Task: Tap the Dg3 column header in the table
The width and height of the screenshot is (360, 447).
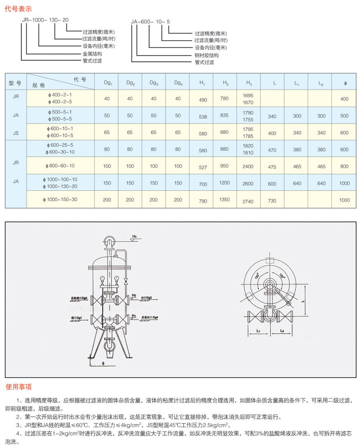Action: click(x=154, y=83)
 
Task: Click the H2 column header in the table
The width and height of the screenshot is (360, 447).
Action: click(x=226, y=83)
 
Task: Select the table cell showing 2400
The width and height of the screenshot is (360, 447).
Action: click(x=248, y=166)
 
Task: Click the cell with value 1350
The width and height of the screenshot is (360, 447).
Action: click(x=225, y=200)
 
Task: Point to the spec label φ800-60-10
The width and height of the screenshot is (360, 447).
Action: click(x=60, y=166)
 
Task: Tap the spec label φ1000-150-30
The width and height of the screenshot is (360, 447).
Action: click(x=60, y=199)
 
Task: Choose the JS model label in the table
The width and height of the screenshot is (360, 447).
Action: click(x=16, y=132)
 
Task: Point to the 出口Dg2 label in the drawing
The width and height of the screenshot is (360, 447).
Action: click(x=146, y=298)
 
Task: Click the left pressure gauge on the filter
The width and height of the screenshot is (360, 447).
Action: click(x=103, y=278)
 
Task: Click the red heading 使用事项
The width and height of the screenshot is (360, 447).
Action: click(x=19, y=387)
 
